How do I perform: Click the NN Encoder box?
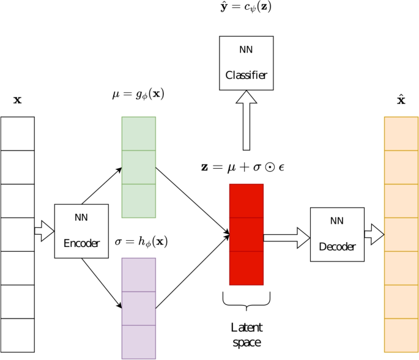pos(81,231)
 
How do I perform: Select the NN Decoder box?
pos(337,235)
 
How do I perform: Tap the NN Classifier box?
pos(247,63)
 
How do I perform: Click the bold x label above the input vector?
pos(17,100)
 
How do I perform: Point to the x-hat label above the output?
pos(401,100)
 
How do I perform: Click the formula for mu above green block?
pos(139,95)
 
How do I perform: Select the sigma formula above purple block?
pos(141,241)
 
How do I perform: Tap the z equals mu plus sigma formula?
pos(243,167)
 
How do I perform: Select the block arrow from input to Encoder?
pos(44,231)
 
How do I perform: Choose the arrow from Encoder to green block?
pos(102,186)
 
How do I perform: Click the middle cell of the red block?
pos(247,235)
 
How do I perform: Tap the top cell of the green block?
pos(139,133)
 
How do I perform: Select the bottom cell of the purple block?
pos(139,342)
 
